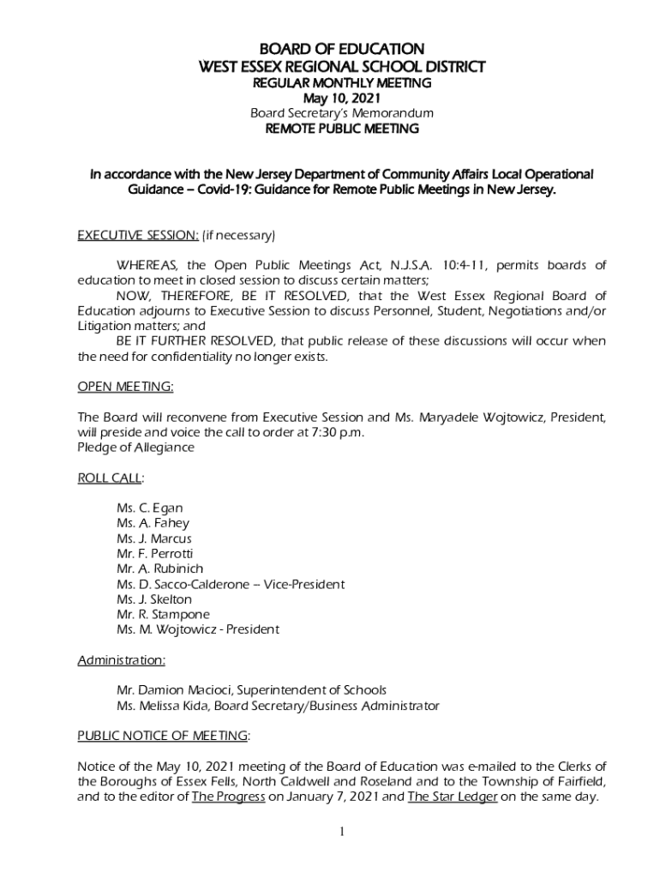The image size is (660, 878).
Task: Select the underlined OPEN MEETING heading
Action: (x=125, y=387)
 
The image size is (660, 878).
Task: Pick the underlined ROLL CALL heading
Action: (x=110, y=478)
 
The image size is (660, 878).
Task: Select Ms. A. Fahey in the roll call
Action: (x=153, y=523)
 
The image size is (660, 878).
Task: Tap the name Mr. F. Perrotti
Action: (x=154, y=554)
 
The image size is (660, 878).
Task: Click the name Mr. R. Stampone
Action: (x=163, y=615)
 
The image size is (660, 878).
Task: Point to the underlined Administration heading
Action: (x=121, y=660)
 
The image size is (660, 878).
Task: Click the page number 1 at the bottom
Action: (x=342, y=832)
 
